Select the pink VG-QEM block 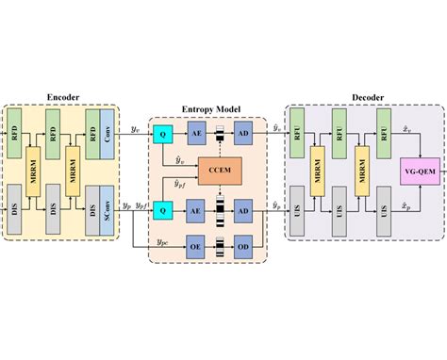tap(421, 171)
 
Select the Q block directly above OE tap(163, 211)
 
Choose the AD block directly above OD tap(242, 211)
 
